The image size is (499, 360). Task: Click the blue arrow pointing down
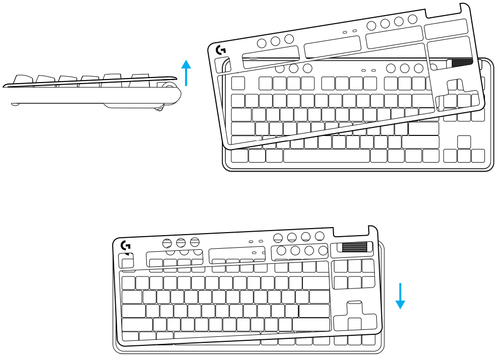coord(400,296)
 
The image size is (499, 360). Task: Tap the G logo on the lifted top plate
coord(220,50)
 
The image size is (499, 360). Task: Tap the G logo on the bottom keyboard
coord(126,245)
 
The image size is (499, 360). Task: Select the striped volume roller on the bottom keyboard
coord(355,247)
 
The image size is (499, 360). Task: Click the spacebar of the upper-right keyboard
coord(326,156)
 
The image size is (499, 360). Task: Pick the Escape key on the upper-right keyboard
coord(238,83)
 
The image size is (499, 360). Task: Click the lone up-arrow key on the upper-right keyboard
coord(464,141)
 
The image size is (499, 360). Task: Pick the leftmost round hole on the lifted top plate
coord(262,43)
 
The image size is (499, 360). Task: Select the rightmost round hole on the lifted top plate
coord(413,19)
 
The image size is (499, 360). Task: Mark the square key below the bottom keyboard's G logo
coord(127,261)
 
